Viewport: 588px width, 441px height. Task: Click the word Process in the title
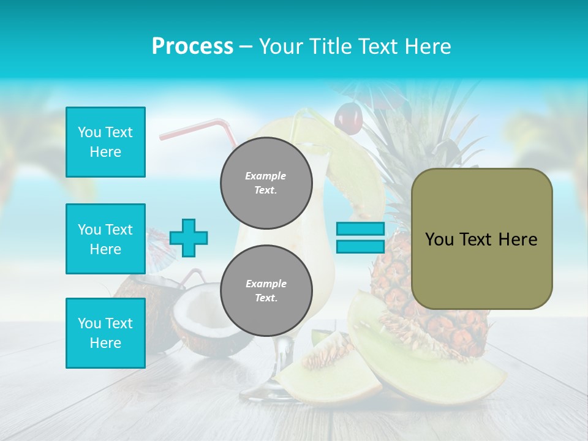click(192, 47)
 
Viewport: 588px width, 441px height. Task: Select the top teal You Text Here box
click(105, 142)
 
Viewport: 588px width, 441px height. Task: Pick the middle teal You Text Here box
click(105, 239)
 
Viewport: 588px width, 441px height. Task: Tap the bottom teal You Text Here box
click(105, 333)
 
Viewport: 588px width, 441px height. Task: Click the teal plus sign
click(189, 238)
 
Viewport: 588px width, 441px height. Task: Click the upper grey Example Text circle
click(266, 183)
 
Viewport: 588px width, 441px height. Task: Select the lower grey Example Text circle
click(266, 290)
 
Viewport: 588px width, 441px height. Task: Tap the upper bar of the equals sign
click(360, 229)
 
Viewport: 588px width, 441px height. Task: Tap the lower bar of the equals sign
click(360, 247)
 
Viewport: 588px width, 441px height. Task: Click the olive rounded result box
click(481, 239)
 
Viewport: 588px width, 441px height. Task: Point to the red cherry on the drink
click(348, 118)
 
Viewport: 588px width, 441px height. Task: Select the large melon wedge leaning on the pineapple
click(417, 349)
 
